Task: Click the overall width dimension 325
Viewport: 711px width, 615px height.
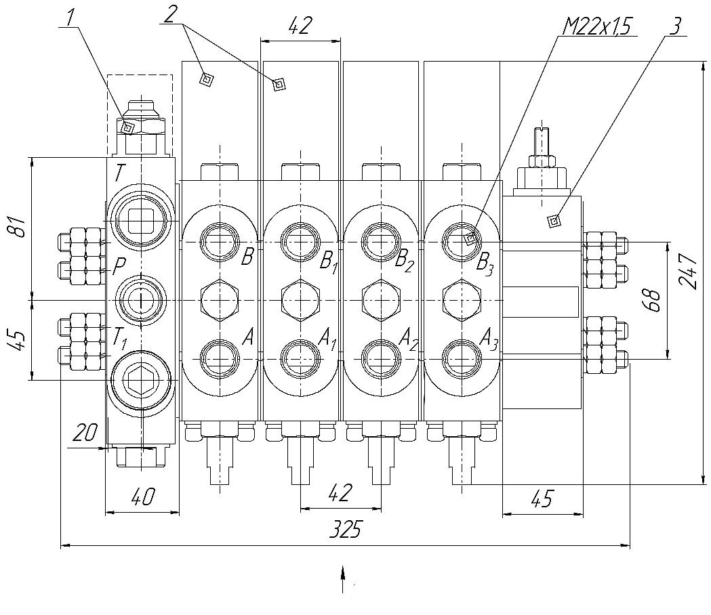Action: pyautogui.click(x=346, y=529)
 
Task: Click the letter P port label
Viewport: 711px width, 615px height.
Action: pyautogui.click(x=119, y=267)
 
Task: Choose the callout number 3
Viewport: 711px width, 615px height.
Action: pyautogui.click(x=675, y=26)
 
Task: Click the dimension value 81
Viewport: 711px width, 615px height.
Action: pyautogui.click(x=18, y=226)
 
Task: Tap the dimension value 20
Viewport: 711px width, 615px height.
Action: pyautogui.click(x=85, y=432)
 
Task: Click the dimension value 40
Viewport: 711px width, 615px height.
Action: pyautogui.click(x=143, y=496)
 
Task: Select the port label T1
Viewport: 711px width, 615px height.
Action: pyautogui.click(x=120, y=337)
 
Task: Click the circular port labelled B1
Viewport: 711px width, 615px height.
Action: pyautogui.click(x=300, y=242)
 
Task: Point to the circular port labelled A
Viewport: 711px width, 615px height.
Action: pyautogui.click(x=220, y=359)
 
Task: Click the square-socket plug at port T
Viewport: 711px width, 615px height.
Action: pyautogui.click(x=141, y=221)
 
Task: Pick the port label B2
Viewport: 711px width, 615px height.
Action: pyautogui.click(x=405, y=262)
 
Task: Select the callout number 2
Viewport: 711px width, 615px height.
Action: pyautogui.click(x=171, y=14)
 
